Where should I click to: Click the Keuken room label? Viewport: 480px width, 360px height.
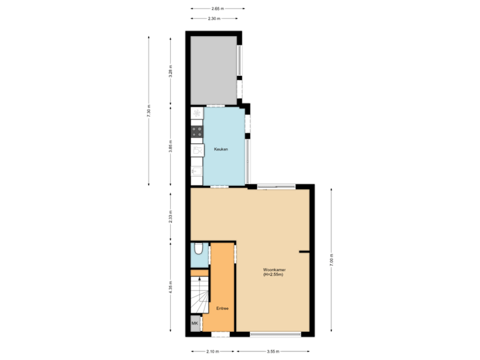(x=221, y=149)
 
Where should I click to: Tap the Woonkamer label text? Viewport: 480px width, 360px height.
(x=274, y=273)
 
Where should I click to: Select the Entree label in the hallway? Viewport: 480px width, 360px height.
(x=222, y=309)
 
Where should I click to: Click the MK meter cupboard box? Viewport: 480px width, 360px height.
(x=195, y=324)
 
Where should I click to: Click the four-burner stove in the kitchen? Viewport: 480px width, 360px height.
(x=197, y=131)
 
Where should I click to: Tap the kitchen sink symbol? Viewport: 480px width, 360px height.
(x=197, y=175)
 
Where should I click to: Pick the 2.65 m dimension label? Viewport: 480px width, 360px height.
(x=217, y=8)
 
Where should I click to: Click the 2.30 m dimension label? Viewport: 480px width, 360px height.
(x=214, y=19)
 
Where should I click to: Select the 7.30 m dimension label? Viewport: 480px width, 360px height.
(x=149, y=111)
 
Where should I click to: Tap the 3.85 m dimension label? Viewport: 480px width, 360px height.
(x=171, y=145)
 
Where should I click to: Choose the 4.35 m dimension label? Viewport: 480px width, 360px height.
(x=171, y=287)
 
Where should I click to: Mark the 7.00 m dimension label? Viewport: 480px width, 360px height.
(x=331, y=259)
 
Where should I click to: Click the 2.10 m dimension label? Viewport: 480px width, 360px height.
(x=212, y=351)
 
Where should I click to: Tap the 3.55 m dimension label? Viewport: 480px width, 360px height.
(x=273, y=351)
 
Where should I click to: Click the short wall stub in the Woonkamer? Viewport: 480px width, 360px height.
(x=305, y=252)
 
